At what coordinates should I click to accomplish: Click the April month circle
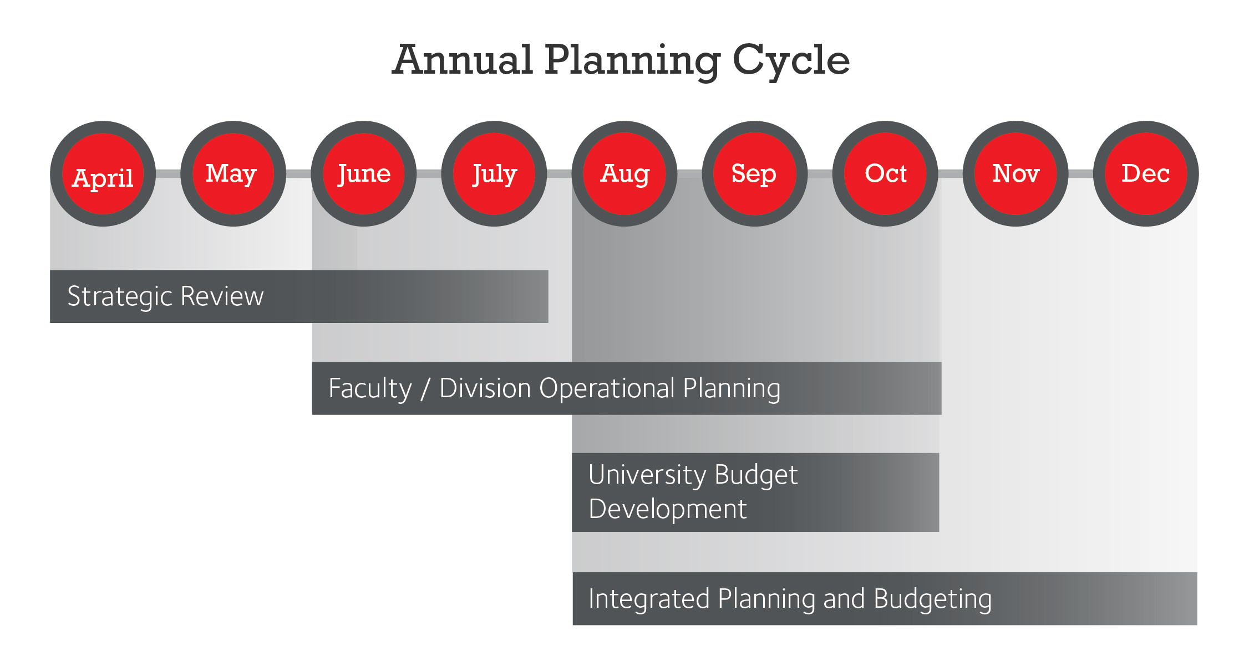point(103,174)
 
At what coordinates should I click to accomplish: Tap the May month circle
point(233,174)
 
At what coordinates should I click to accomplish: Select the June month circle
point(364,174)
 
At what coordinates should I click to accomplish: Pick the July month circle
point(494,174)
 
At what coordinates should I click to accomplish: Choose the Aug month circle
point(624,174)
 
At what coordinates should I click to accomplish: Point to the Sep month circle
point(755,174)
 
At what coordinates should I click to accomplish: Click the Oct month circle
point(886,174)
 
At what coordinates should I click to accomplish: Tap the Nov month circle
point(1016,174)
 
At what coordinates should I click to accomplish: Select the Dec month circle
point(1146,174)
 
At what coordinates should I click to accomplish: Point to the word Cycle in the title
point(791,61)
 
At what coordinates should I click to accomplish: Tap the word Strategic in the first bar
point(120,297)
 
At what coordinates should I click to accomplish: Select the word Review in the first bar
point(222,296)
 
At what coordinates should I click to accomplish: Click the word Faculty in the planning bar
point(370,389)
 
